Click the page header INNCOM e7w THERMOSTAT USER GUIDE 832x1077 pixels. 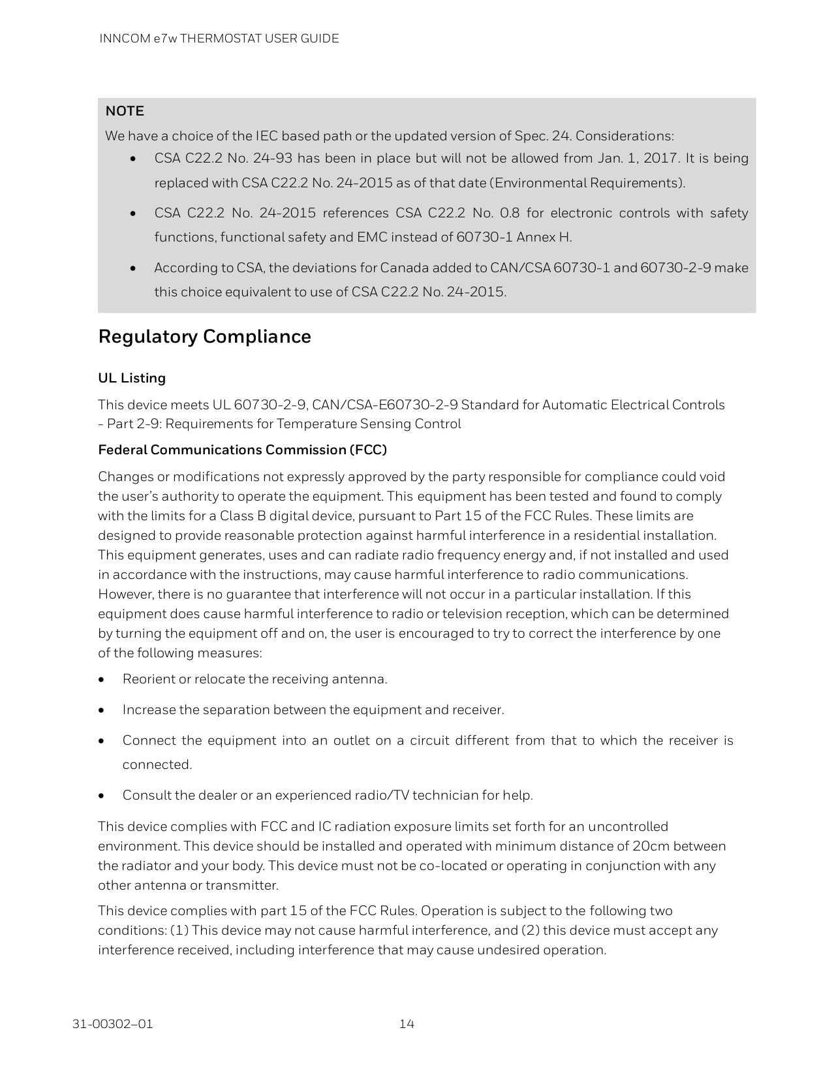pos(219,39)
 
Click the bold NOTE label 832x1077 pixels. pos(125,111)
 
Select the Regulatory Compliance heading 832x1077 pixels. pos(204,337)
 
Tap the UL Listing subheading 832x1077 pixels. pos(132,379)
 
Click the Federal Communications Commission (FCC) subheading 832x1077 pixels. pos(242,450)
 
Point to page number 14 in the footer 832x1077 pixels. pos(407,1023)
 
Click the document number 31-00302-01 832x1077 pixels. pos(113,1023)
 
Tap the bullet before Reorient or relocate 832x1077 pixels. pos(102,679)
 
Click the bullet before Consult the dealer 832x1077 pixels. pos(102,796)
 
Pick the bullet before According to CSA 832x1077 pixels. pos(133,268)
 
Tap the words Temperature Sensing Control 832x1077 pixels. pos(369,424)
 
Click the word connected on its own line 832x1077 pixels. pos(157,765)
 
